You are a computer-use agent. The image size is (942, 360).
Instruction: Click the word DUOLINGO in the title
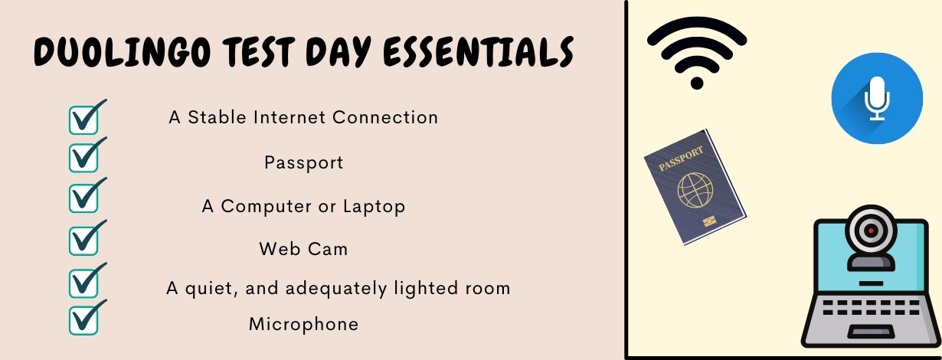(122, 52)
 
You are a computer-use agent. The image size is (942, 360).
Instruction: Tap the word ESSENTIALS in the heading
(479, 52)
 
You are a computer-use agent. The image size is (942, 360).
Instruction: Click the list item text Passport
(303, 163)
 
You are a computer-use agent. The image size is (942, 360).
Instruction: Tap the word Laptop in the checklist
(374, 207)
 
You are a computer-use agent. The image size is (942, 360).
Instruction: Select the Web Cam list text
(303, 249)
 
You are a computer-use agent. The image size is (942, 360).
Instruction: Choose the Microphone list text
(303, 324)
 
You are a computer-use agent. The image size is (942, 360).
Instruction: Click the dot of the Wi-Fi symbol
(697, 83)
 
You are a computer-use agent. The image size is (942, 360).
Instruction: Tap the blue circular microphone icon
(877, 98)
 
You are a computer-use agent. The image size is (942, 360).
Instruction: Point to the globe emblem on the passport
(695, 190)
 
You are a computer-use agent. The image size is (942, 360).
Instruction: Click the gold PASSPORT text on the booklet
(681, 159)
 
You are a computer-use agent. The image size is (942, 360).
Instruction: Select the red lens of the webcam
(871, 231)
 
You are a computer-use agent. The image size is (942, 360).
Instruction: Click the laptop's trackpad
(871, 332)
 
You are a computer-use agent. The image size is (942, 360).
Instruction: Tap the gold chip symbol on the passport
(710, 221)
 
